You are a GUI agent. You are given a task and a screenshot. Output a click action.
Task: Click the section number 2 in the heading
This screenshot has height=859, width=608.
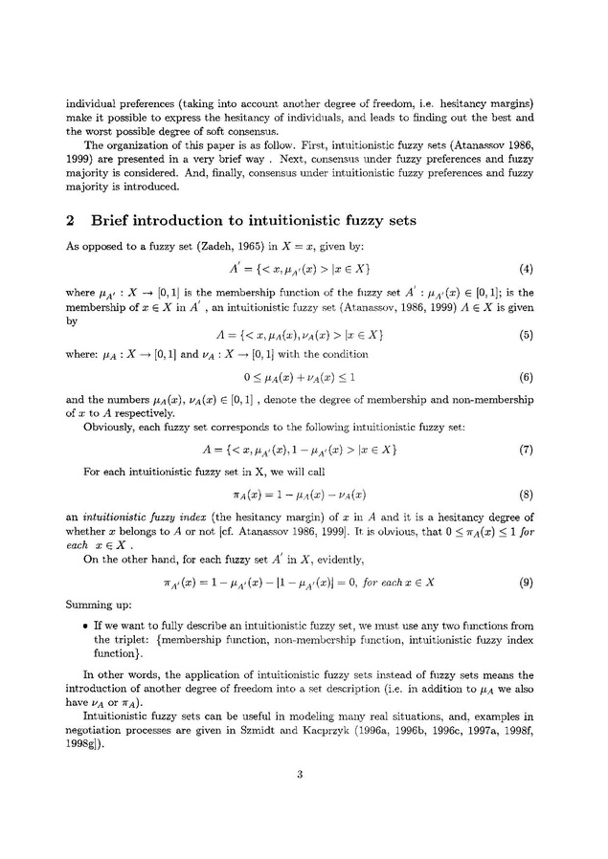click(x=70, y=219)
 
